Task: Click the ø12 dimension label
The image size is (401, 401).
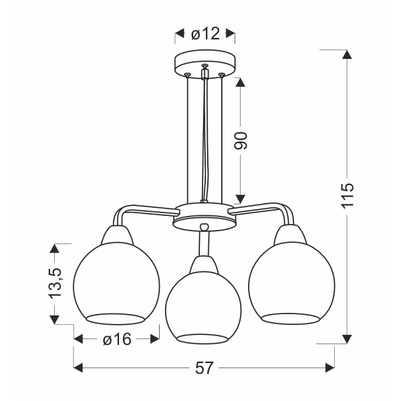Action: click(x=205, y=34)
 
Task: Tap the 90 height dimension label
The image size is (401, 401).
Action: click(x=241, y=140)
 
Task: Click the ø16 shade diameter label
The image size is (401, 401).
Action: click(x=116, y=340)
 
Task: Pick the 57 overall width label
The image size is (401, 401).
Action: click(x=205, y=368)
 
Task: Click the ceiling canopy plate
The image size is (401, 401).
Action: click(x=205, y=63)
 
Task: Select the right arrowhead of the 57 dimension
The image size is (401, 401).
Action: click(x=328, y=368)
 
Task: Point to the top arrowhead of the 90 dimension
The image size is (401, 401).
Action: click(x=241, y=80)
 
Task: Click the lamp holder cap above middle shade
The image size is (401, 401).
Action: click(x=205, y=265)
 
